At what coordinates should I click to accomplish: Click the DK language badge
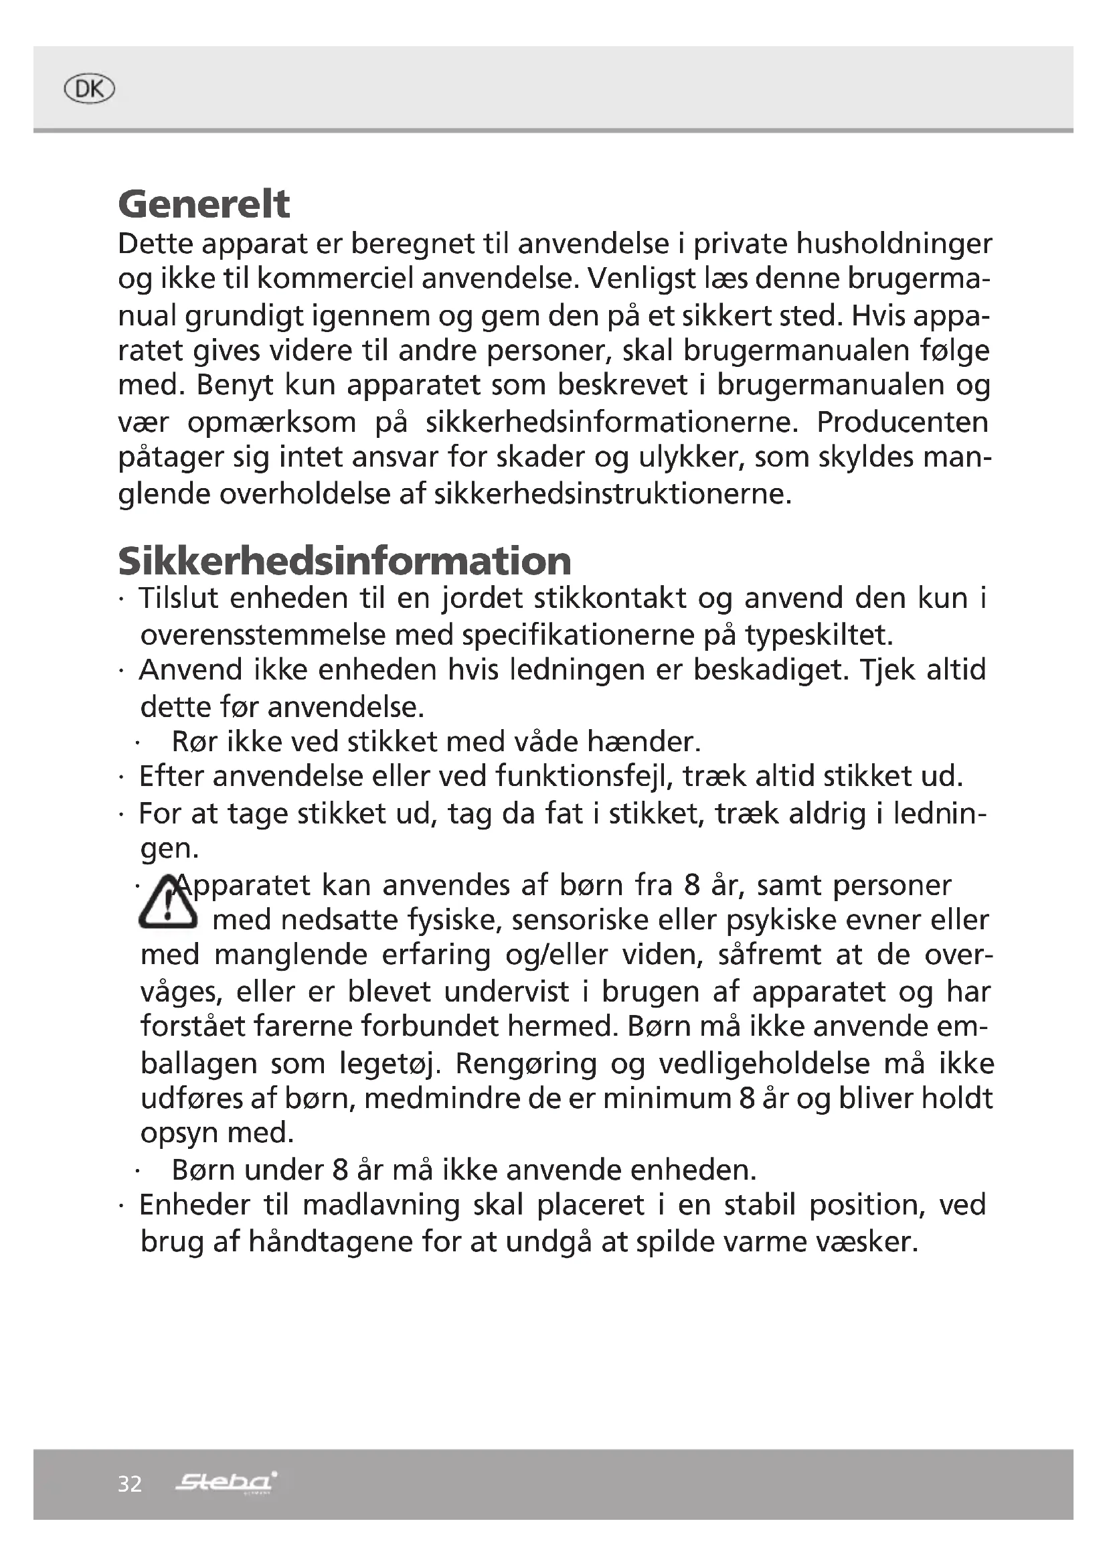(88, 89)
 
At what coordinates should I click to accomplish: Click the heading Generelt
(204, 204)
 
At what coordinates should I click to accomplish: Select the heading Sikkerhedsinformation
(344, 560)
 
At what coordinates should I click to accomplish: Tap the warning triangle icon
(168, 903)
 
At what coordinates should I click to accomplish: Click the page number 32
(130, 1484)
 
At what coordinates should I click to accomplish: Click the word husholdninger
(893, 244)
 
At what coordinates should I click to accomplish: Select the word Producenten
(902, 422)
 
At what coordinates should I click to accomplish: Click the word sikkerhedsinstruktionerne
(612, 494)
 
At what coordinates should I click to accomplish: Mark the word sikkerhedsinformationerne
(612, 422)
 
